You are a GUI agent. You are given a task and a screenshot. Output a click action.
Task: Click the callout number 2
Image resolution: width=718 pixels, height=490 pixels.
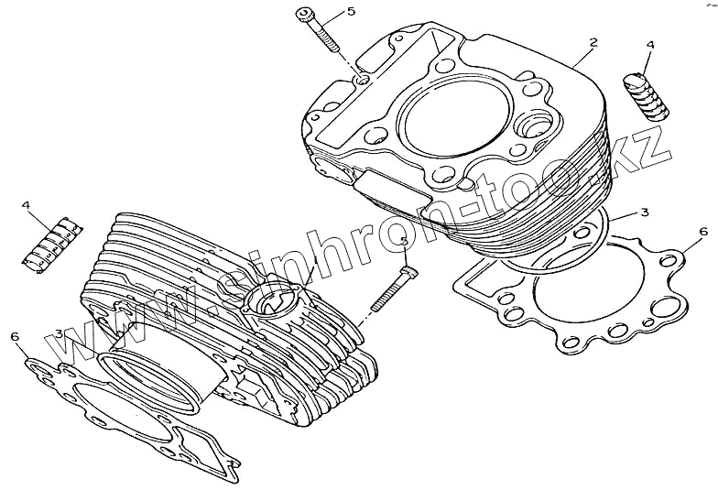(593, 43)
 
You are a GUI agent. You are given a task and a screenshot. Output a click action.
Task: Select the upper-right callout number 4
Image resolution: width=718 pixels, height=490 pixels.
(650, 44)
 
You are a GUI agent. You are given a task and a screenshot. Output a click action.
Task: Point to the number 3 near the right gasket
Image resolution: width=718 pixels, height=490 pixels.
(644, 212)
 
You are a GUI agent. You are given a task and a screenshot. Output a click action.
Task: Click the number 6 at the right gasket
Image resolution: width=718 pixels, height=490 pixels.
(702, 231)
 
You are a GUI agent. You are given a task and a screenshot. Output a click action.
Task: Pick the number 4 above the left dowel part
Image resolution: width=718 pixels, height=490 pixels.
(27, 205)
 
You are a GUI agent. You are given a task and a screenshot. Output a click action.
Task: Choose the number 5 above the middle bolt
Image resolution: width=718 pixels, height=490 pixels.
(404, 242)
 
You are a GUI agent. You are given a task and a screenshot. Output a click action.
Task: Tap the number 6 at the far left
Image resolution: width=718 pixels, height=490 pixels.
(15, 337)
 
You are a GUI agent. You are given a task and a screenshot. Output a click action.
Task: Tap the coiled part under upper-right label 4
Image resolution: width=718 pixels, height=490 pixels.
(647, 95)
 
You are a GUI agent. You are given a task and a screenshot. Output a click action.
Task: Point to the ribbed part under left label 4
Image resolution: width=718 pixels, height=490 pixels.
(53, 243)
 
